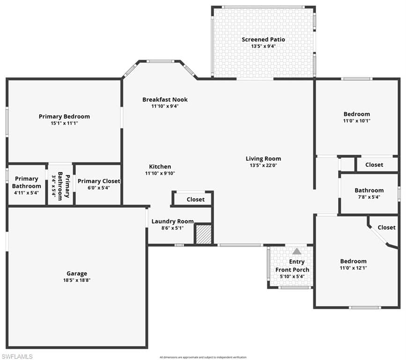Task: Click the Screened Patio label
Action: tap(263, 39)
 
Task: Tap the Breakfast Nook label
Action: tap(165, 99)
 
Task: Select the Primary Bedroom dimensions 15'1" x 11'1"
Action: tap(64, 123)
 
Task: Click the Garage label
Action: tap(76, 274)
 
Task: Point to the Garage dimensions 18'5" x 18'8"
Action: tap(76, 280)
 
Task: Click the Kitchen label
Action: tap(160, 166)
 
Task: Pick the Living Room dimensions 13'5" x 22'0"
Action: tap(263, 165)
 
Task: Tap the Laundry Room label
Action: tap(172, 221)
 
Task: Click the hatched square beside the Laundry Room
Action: tap(203, 234)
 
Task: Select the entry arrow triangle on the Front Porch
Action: tap(297, 251)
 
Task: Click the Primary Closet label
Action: tap(98, 181)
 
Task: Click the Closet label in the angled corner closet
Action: tap(386, 227)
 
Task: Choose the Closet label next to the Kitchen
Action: tap(195, 199)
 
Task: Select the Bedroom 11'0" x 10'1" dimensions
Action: tap(356, 120)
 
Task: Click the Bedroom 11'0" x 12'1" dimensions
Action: tap(353, 268)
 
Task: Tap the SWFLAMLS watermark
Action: tap(17, 356)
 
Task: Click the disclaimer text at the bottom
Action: tap(203, 357)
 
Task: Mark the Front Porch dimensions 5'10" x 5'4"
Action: tap(292, 277)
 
